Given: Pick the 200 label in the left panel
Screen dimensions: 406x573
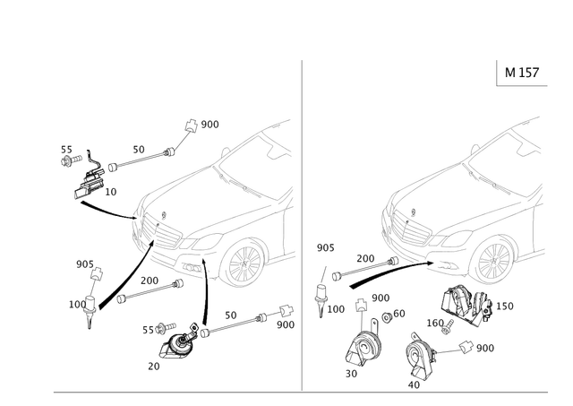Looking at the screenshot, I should (150, 280).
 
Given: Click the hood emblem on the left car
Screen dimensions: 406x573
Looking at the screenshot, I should (163, 212).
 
